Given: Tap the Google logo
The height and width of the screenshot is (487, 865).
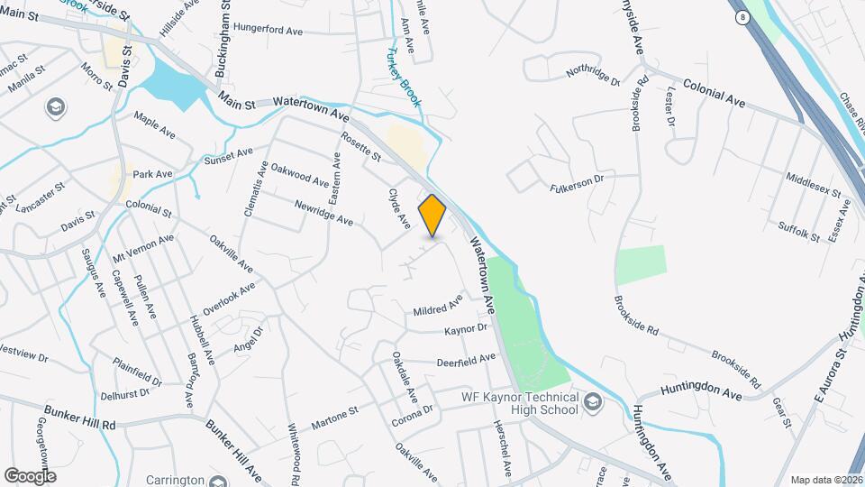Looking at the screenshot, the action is tap(30, 475).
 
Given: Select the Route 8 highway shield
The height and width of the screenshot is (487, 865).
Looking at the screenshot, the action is tap(740, 17).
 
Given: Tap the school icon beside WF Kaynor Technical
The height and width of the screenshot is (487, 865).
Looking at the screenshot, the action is tap(594, 400).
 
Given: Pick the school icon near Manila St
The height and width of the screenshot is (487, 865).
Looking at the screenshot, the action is tap(55, 108).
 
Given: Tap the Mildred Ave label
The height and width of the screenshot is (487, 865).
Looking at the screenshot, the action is tap(437, 305).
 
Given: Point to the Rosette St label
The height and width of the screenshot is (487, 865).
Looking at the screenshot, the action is tap(360, 148).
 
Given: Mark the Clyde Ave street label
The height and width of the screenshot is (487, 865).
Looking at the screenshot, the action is tap(399, 207).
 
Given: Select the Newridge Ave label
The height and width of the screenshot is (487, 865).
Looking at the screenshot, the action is tap(323, 213).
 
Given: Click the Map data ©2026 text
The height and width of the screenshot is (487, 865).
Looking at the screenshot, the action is tap(825, 480).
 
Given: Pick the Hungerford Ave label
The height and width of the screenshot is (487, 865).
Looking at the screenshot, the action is tap(267, 30).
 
